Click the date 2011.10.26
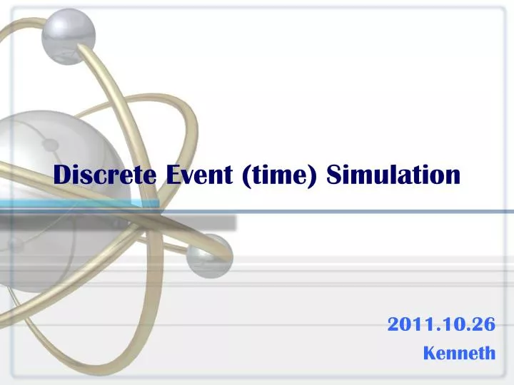(441, 324)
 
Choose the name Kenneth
(459, 352)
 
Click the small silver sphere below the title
(208, 256)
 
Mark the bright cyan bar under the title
(79, 205)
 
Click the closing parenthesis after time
(316, 175)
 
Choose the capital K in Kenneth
(429, 352)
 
